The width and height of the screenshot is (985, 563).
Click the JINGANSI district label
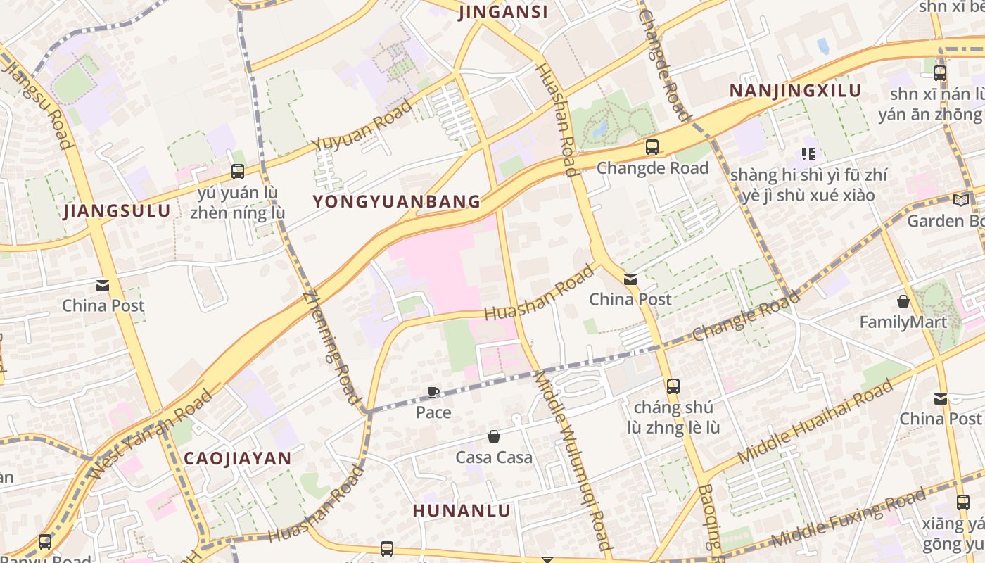tap(503, 12)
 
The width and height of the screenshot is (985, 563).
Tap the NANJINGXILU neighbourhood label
tap(795, 91)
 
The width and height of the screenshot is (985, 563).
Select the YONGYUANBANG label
tap(397, 202)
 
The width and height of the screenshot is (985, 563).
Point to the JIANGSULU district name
tap(117, 211)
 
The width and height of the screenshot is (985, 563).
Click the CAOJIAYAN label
tap(237, 458)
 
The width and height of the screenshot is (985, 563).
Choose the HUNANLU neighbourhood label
tap(462, 511)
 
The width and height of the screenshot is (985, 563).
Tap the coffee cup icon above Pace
tap(433, 392)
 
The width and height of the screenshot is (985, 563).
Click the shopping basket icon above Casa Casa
tap(494, 437)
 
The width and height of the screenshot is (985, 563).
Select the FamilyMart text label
tap(903, 322)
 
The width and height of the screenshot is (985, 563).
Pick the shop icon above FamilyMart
tap(903, 302)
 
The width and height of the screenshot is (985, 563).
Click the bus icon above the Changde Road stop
tap(652, 147)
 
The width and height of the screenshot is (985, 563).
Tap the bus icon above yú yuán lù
tap(238, 171)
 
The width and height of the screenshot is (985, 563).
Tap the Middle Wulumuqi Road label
tap(573, 462)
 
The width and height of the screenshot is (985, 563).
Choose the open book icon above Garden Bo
tap(961, 200)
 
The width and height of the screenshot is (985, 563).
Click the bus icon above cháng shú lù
tap(673, 386)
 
